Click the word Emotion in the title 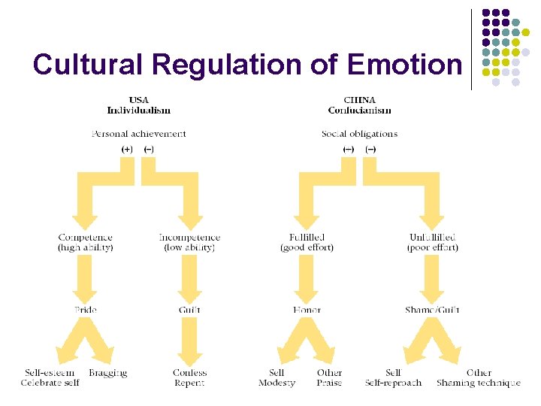point(404,65)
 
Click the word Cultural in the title point(82,65)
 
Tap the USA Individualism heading point(138,105)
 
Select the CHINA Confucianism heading point(359,105)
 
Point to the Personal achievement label point(138,134)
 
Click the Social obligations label point(359,134)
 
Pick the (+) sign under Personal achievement point(127,149)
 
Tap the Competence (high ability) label point(85,242)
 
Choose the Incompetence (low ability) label point(189,242)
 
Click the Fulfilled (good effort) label point(306,242)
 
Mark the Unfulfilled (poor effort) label point(432,242)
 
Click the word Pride point(85,309)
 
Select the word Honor point(307,309)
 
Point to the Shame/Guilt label point(432,309)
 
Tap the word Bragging point(107,372)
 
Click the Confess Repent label point(189,377)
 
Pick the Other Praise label point(329,377)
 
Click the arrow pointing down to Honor point(307,278)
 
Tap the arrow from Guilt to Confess point(189,342)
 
